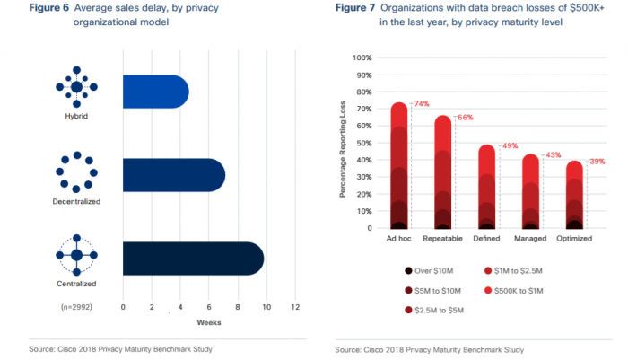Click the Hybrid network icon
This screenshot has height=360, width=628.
coord(76,86)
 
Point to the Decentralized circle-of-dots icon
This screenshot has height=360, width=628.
coord(76,171)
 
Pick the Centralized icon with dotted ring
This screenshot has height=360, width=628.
coord(76,255)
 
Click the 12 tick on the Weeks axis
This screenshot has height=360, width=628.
coord(294,307)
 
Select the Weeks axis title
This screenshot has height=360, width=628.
coord(210,322)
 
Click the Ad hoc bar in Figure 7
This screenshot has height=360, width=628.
coord(400,166)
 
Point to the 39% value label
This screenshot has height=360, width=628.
coord(596,162)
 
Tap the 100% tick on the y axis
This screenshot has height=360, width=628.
coord(361,58)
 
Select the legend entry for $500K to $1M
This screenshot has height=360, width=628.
coord(522,290)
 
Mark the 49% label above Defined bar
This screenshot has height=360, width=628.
coord(509,146)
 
